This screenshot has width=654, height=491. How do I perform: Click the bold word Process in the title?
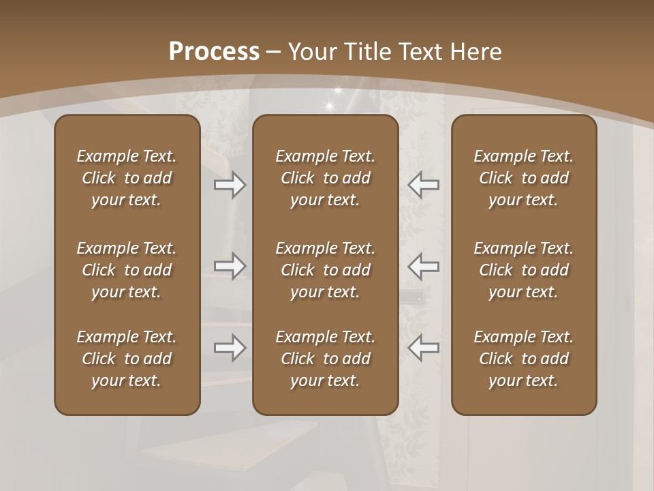(214, 52)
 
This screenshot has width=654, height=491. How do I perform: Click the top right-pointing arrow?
(230, 185)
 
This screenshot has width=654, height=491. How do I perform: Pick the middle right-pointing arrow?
(230, 266)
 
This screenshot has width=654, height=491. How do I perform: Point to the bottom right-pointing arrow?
(230, 348)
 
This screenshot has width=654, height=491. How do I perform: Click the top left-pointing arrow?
(423, 185)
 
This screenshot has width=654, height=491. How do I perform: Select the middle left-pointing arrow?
(423, 266)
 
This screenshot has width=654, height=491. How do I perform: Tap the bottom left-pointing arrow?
(423, 348)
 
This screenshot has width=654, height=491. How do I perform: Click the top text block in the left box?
(127, 178)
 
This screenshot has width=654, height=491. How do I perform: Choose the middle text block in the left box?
(127, 270)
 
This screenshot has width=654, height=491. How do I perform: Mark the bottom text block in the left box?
(127, 359)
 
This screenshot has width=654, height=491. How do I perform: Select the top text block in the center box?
(325, 178)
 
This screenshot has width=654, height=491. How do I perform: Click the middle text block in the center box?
(325, 270)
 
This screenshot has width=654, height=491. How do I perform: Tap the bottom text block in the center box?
(325, 359)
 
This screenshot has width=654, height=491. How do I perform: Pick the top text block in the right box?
(523, 178)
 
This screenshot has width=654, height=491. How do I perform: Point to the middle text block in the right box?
(523, 270)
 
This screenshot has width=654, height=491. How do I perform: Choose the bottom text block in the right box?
(523, 359)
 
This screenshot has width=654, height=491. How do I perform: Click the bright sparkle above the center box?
(331, 105)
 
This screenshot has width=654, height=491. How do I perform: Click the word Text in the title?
(420, 52)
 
